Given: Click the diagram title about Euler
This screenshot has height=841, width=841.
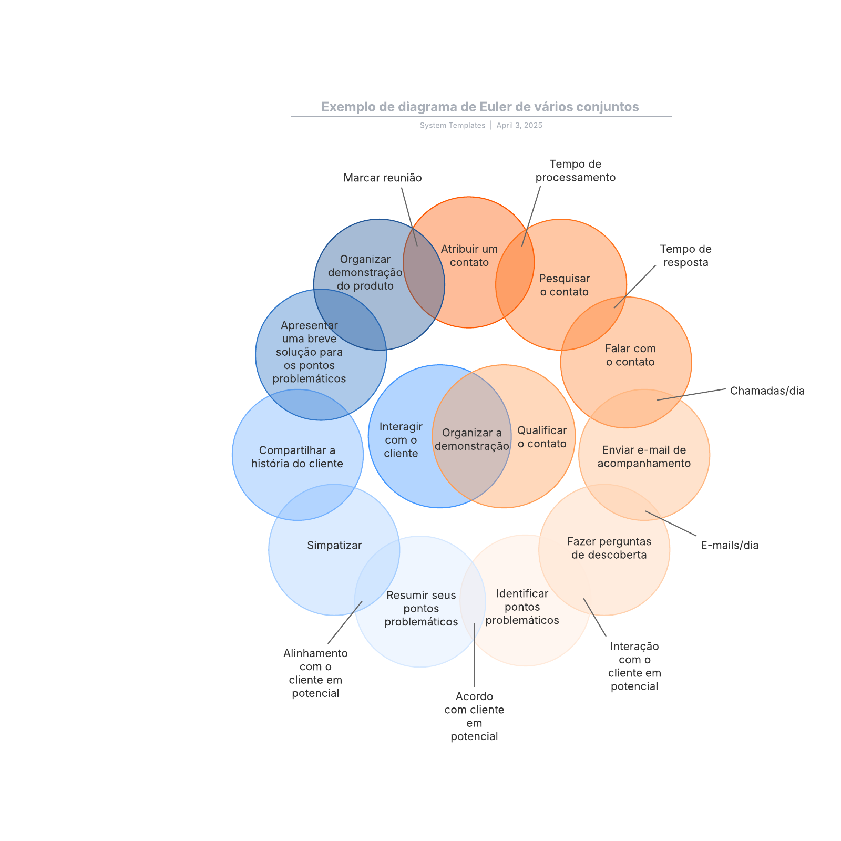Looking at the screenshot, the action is pos(480,107).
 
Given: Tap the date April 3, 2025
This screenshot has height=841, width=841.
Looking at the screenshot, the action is pos(519,126).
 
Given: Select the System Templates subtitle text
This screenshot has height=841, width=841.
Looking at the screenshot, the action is pos(453,126).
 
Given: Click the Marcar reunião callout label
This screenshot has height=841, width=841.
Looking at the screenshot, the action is pos(383,178).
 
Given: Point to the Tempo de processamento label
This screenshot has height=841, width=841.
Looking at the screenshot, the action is pos(576,171).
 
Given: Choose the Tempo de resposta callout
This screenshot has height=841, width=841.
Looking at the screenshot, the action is pos(686,256).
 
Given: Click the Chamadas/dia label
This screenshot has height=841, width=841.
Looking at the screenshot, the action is pos(767,391).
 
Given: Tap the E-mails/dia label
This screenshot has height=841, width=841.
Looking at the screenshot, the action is pos(730,546).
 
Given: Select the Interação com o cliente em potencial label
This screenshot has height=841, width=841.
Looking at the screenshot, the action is pos(634,666).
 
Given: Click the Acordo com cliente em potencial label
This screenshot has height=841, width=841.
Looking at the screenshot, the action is pos(474,716).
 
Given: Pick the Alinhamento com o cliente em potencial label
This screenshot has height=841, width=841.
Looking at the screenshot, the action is pos(315,673).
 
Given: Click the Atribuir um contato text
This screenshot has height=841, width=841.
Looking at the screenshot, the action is pos(469,256).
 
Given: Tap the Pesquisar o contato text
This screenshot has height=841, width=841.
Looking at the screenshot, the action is pos(565,285).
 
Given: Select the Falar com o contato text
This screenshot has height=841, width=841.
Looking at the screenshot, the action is pos(630,355).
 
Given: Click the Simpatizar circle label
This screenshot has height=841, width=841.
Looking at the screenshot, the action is pos(334,546).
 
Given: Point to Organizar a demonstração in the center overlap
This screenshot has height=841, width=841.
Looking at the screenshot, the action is pos(472,439).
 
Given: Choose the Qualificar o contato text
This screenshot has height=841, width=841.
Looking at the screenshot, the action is pos(542,437).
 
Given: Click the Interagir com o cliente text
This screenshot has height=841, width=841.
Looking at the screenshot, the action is pos(401,440).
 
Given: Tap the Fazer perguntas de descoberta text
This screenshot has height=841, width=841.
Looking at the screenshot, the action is pos(609,548).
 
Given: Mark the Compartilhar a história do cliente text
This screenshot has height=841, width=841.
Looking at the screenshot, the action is pos(297,457).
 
